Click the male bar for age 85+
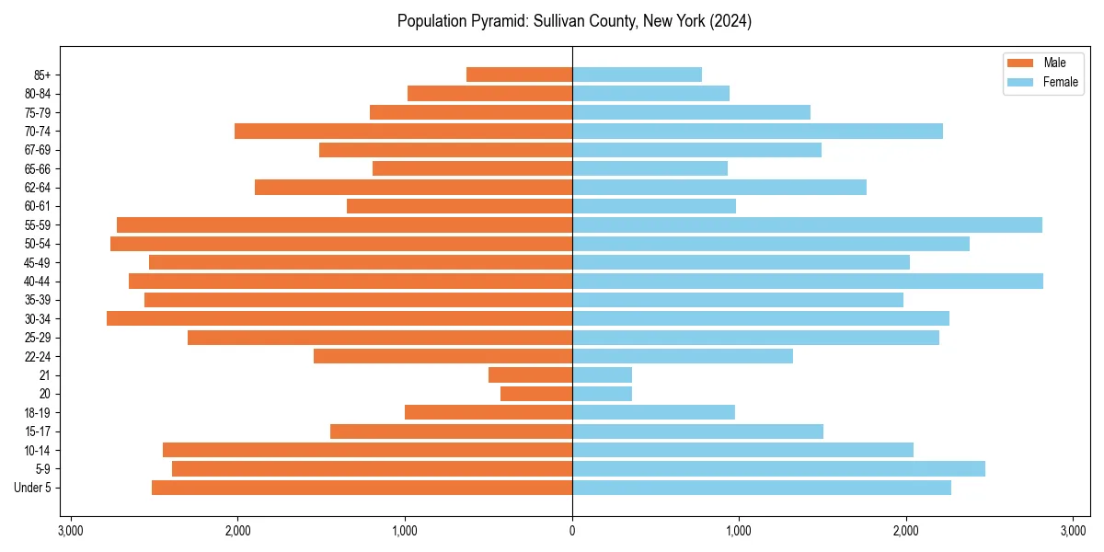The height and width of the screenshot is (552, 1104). [520, 75]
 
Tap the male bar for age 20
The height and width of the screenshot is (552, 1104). [536, 394]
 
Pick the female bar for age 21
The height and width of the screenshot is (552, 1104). [602, 375]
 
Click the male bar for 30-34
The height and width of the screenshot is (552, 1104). [339, 319]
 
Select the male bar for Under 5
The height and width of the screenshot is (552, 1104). [362, 488]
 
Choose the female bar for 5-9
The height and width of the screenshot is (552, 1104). [778, 469]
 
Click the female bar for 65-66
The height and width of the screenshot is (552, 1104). [650, 168]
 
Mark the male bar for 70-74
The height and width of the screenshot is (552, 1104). [404, 132]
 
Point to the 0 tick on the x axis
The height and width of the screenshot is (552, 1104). [572, 531]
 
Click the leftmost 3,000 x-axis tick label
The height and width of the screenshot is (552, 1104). [71, 531]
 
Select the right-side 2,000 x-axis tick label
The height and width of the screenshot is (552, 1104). [906, 531]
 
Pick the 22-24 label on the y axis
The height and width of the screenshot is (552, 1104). [36, 357]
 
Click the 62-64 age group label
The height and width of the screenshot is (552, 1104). [36, 188]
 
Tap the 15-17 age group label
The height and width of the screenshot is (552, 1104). [36, 431]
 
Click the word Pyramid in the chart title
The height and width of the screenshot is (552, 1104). [492, 21]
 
